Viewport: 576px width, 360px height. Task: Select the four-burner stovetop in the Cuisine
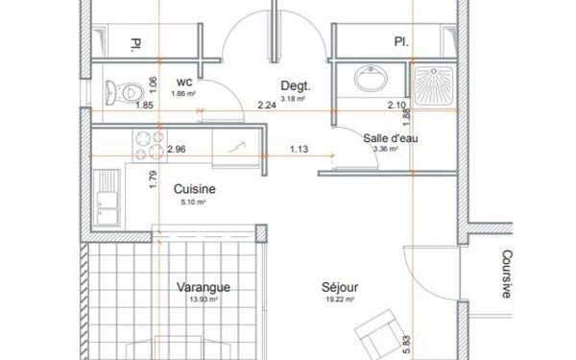pyautogui.click(x=149, y=144)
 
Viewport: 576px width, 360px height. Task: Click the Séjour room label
pyautogui.click(x=341, y=286)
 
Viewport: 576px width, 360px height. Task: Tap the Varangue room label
pyautogui.click(x=204, y=287)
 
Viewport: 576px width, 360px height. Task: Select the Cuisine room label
pyautogui.click(x=194, y=189)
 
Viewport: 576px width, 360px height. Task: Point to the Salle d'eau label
pyautogui.click(x=390, y=137)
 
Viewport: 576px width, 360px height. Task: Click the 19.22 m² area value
pyautogui.click(x=342, y=300)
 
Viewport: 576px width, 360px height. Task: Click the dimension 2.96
pyautogui.click(x=176, y=149)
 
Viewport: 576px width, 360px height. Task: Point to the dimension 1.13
pyautogui.click(x=300, y=149)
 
